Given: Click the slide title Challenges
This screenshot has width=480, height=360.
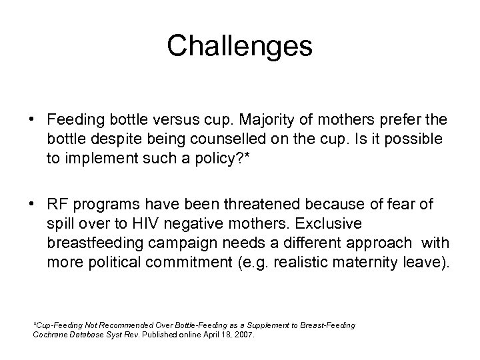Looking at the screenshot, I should (239, 46).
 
